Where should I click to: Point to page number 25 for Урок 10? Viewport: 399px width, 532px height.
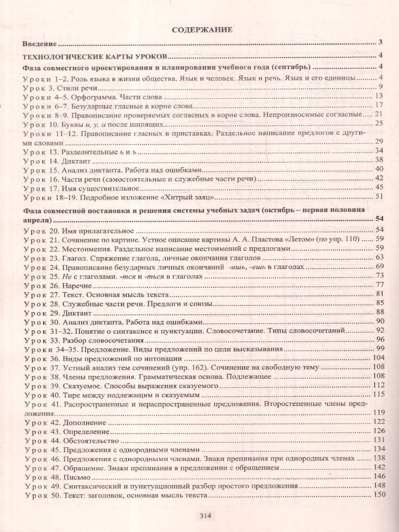click(378, 123)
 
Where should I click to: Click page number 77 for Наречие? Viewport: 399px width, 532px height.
click(378, 284)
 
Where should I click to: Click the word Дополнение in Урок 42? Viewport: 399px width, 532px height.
click(85, 422)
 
